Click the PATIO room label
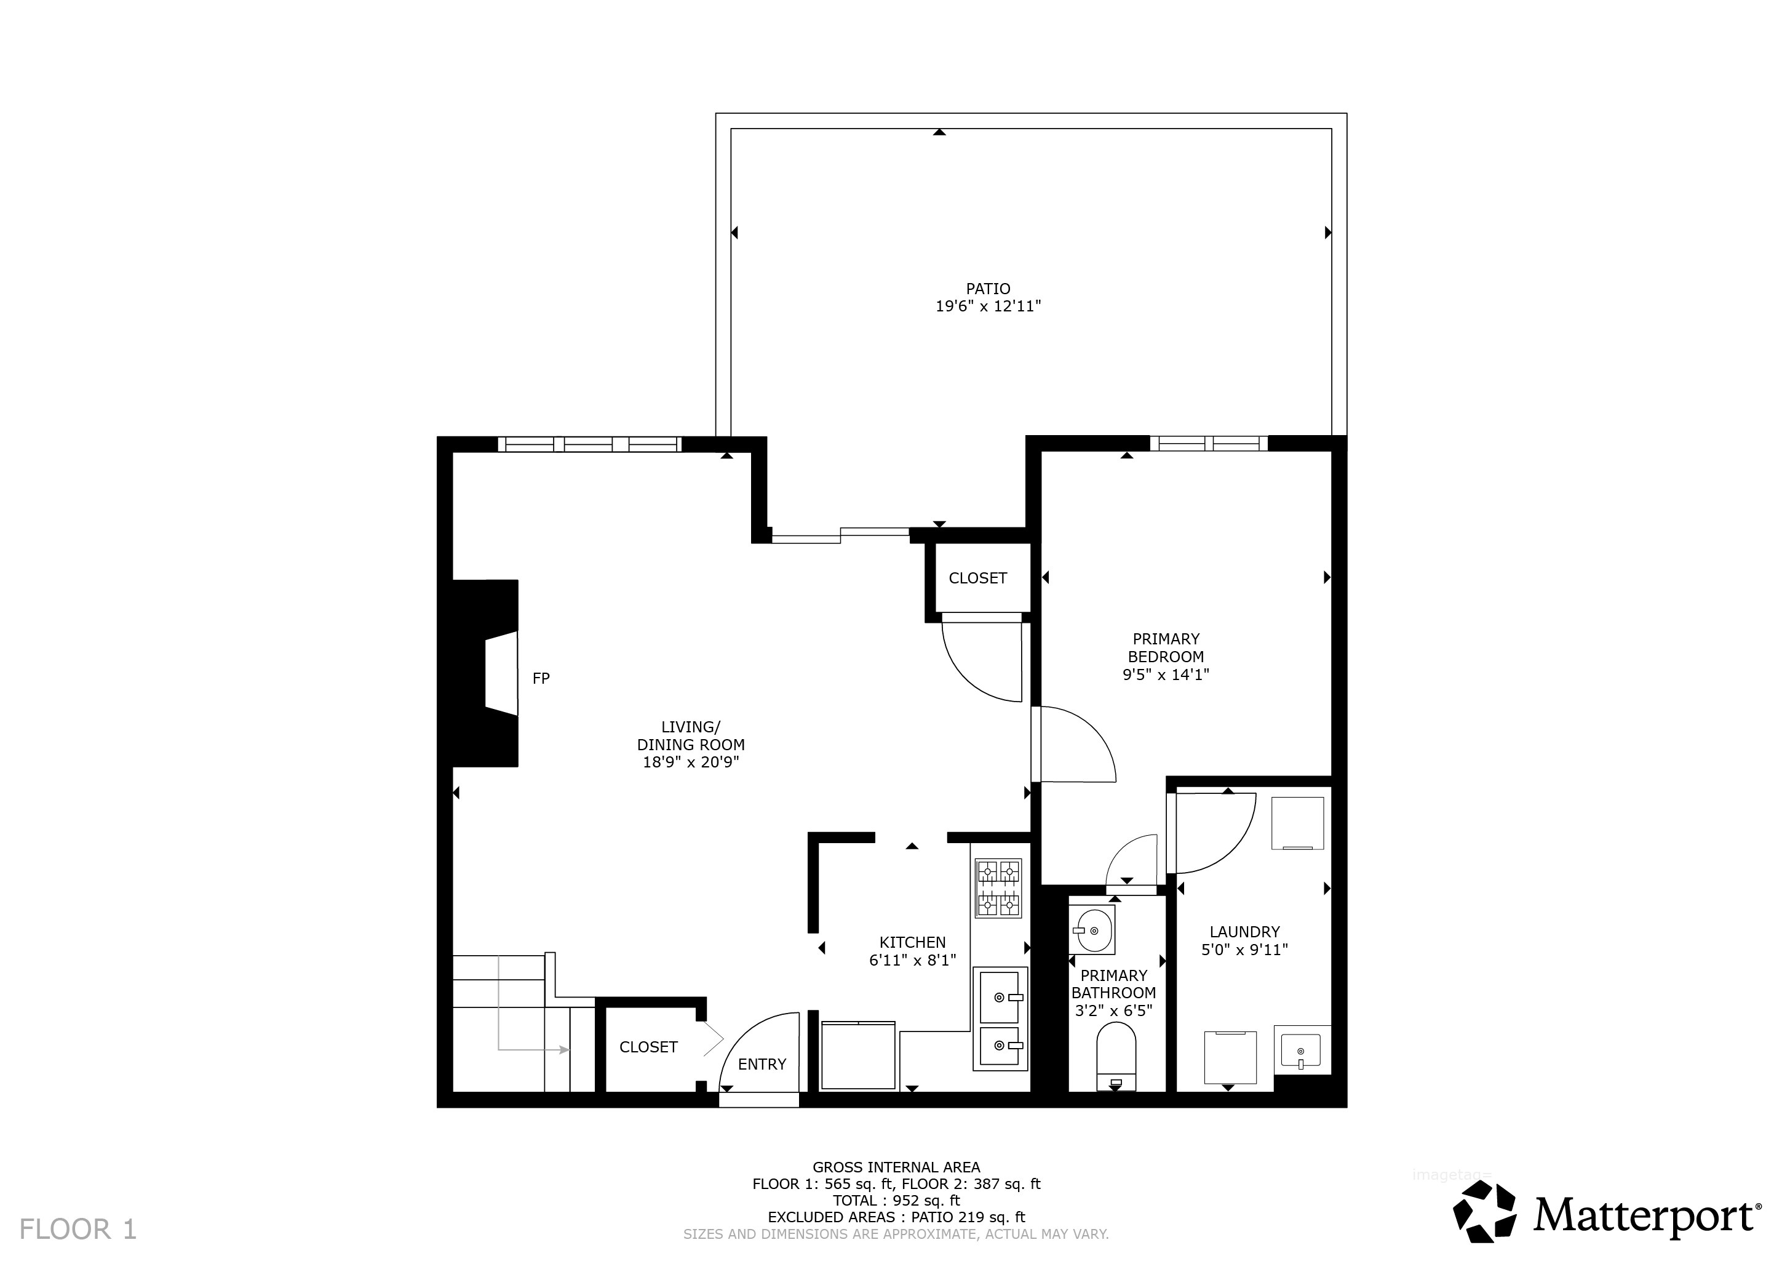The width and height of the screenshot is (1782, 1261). click(988, 289)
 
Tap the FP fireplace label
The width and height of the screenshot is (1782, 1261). click(541, 679)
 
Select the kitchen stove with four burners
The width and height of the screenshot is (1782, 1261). click(998, 888)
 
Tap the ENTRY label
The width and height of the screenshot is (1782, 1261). click(762, 1065)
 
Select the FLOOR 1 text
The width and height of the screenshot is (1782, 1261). click(78, 1229)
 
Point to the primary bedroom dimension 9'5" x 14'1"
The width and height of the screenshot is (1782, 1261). click(1166, 675)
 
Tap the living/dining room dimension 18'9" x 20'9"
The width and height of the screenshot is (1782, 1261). click(691, 763)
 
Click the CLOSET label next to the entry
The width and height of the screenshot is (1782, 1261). click(649, 1047)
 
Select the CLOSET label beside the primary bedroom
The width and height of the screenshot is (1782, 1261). click(978, 578)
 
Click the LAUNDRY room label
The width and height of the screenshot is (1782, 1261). click(1245, 932)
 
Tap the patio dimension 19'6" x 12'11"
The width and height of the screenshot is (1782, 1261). click(988, 306)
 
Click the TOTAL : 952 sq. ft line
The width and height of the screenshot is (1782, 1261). click(896, 1201)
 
